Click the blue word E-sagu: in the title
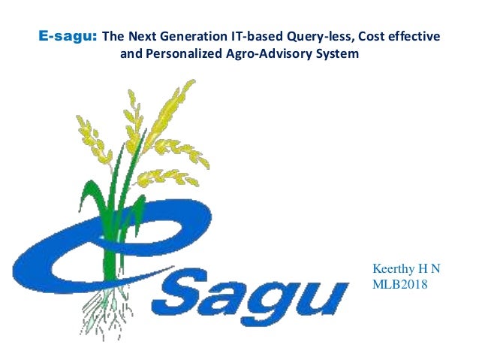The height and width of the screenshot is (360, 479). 68,36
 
